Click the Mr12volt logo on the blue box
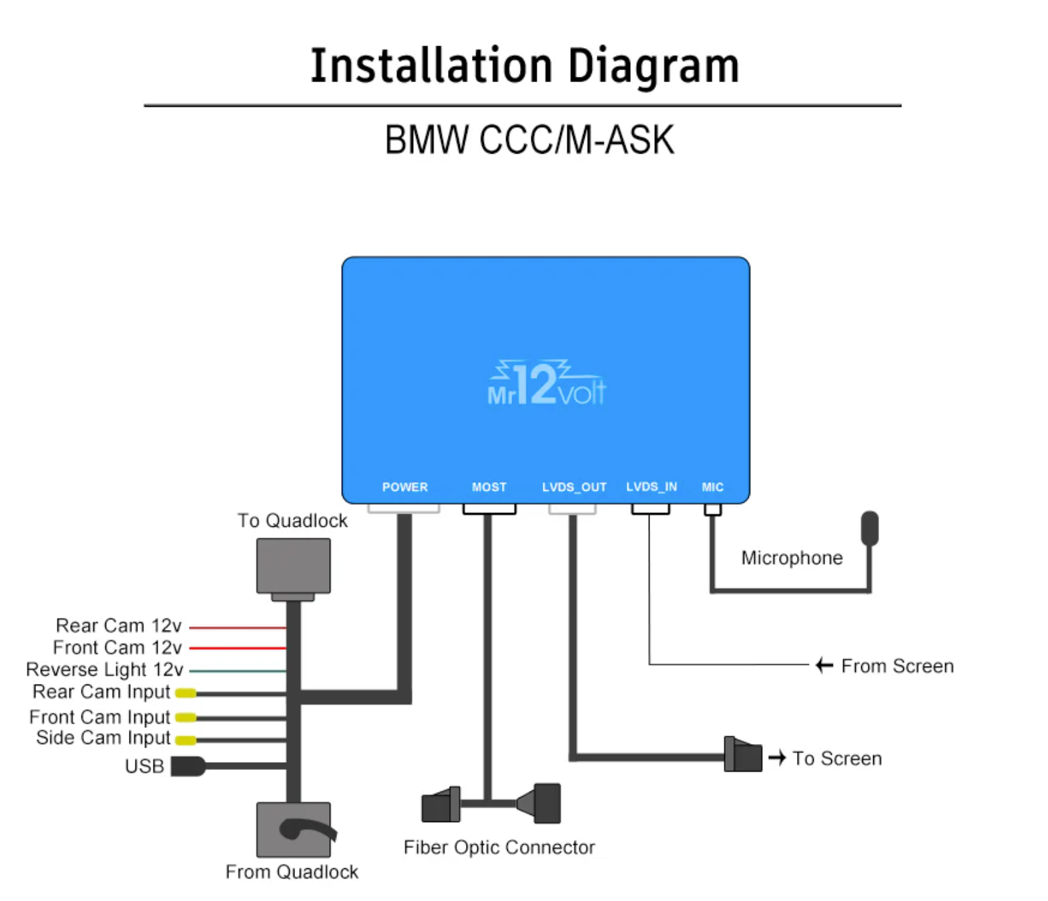(546, 385)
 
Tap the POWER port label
(405, 487)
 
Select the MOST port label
(489, 487)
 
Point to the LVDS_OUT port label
(574, 487)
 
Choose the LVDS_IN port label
(651, 486)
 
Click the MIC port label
(712, 487)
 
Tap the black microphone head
(869, 528)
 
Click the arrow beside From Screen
(824, 665)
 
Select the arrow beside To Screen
(776, 757)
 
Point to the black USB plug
(187, 765)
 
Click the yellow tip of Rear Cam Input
(186, 693)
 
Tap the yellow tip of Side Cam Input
(186, 740)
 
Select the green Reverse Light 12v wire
(238, 670)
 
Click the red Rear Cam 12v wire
(238, 627)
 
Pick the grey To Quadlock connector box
(293, 566)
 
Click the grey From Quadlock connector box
(293, 830)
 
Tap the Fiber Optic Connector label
(499, 847)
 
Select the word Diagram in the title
(653, 66)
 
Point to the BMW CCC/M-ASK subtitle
(529, 140)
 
